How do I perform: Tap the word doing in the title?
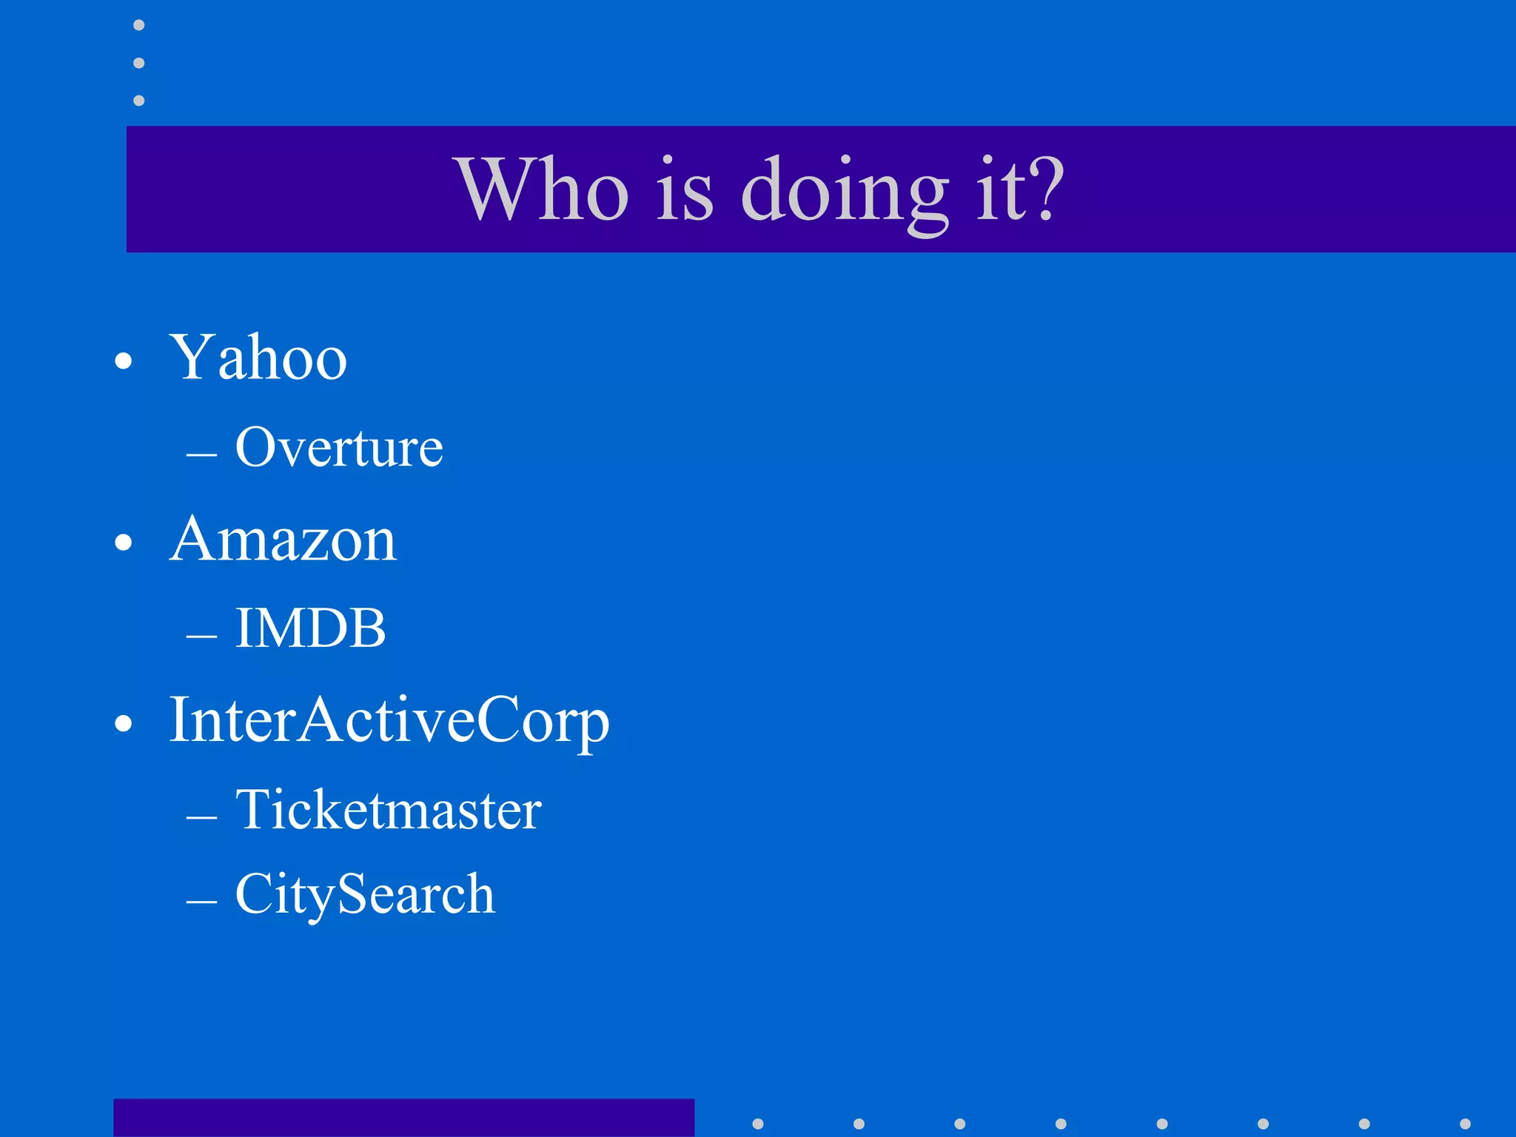click(x=845, y=191)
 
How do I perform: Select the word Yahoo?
click(x=258, y=358)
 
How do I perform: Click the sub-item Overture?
click(x=339, y=448)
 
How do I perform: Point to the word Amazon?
click(x=283, y=540)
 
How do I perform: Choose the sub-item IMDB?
click(x=310, y=628)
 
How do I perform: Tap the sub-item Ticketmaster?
click(x=389, y=810)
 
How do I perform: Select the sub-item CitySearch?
click(x=365, y=894)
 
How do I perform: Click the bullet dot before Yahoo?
click(x=124, y=361)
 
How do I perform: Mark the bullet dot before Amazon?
click(x=124, y=543)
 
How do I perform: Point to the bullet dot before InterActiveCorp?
click(x=124, y=723)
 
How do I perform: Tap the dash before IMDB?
click(x=201, y=636)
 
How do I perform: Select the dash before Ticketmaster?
click(x=201, y=817)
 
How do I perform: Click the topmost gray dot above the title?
click(x=138, y=25)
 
